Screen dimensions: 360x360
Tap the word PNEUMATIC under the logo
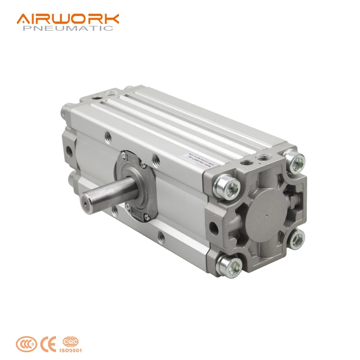[x=68, y=28]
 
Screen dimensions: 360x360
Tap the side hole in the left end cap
[x=70, y=151]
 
